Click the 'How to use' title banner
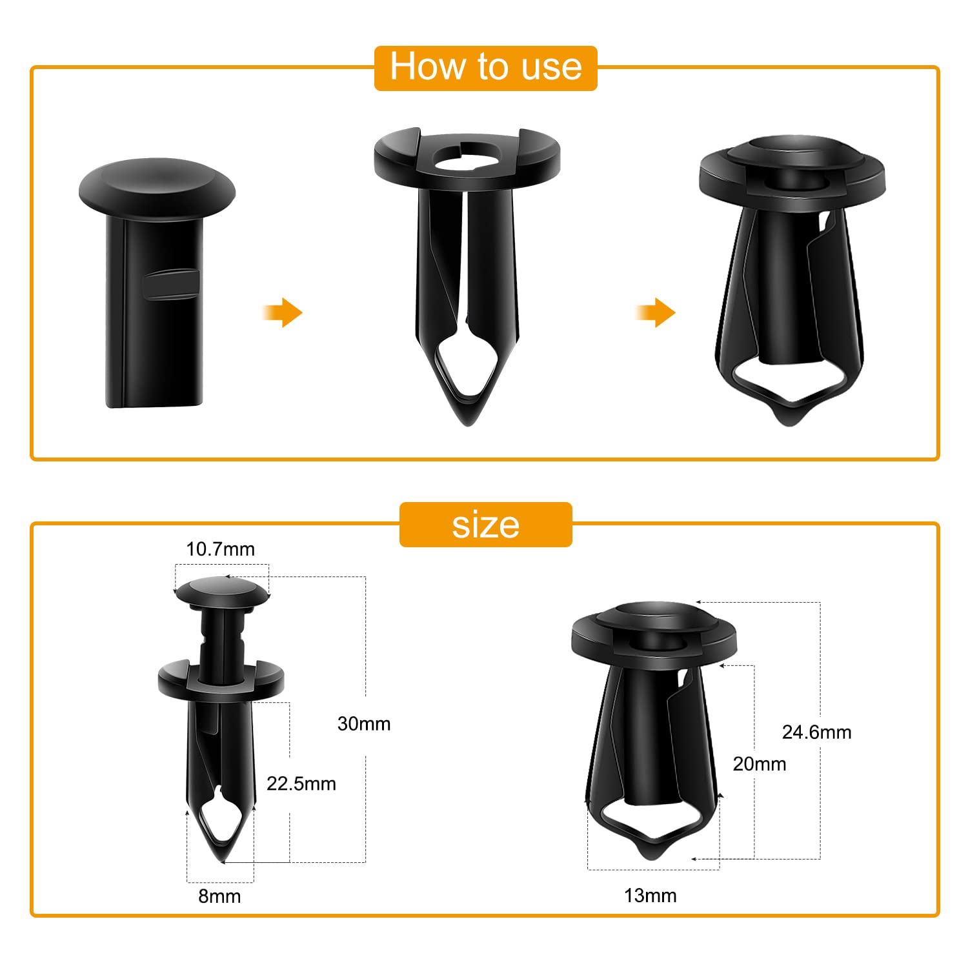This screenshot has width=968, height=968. click(485, 67)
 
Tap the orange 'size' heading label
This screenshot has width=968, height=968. click(485, 525)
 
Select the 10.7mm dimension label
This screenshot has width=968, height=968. click(220, 549)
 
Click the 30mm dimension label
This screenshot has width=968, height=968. click(364, 723)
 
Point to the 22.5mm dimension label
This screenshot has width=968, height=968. click(301, 783)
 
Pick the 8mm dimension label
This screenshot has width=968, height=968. click(219, 896)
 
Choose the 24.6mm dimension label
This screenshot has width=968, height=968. click(816, 732)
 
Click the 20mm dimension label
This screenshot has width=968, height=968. click(760, 764)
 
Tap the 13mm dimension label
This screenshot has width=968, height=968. click(650, 895)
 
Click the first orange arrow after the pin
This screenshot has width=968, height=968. click(283, 313)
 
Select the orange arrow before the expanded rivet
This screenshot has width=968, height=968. click(656, 313)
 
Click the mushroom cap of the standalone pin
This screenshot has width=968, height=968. click(157, 187)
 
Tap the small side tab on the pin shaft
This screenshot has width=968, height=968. click(171, 284)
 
